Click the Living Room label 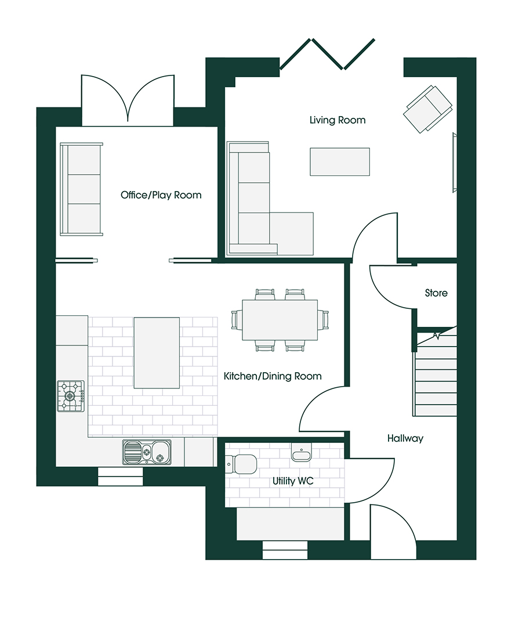[x=337, y=120]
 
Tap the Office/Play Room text [x=161, y=195]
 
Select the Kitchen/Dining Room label [x=273, y=376]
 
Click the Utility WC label [x=293, y=481]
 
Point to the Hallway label [x=405, y=439]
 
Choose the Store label [x=436, y=293]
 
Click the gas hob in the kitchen [x=70, y=396]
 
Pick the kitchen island [x=157, y=352]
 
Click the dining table [x=280, y=320]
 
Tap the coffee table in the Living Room [x=340, y=161]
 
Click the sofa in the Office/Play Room [x=81, y=189]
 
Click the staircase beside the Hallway [x=436, y=374]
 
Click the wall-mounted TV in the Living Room [x=454, y=162]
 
